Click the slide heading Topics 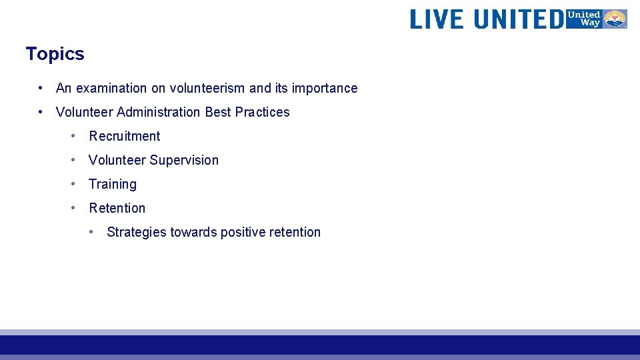[x=55, y=54]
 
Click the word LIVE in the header [x=437, y=19]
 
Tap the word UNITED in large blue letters [x=518, y=19]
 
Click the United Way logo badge [x=596, y=19]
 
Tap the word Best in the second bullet [x=217, y=112]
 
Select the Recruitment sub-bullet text [x=125, y=136]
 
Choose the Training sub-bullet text [x=113, y=184]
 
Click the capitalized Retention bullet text [x=117, y=208]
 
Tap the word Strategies [x=137, y=232]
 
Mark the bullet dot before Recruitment [x=74, y=136]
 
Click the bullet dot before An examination [x=41, y=88]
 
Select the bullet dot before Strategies [x=92, y=232]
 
